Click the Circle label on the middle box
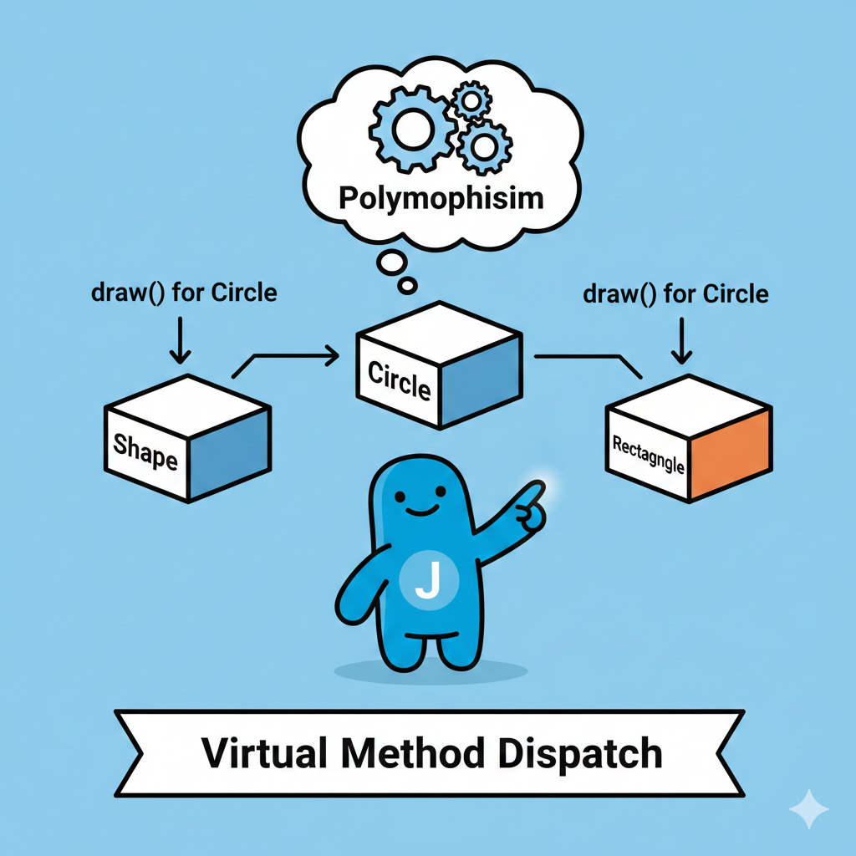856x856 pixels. click(x=398, y=381)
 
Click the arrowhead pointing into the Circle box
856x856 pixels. click(x=332, y=357)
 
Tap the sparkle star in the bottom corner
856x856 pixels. click(x=809, y=810)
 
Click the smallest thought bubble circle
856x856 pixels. click(x=407, y=286)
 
